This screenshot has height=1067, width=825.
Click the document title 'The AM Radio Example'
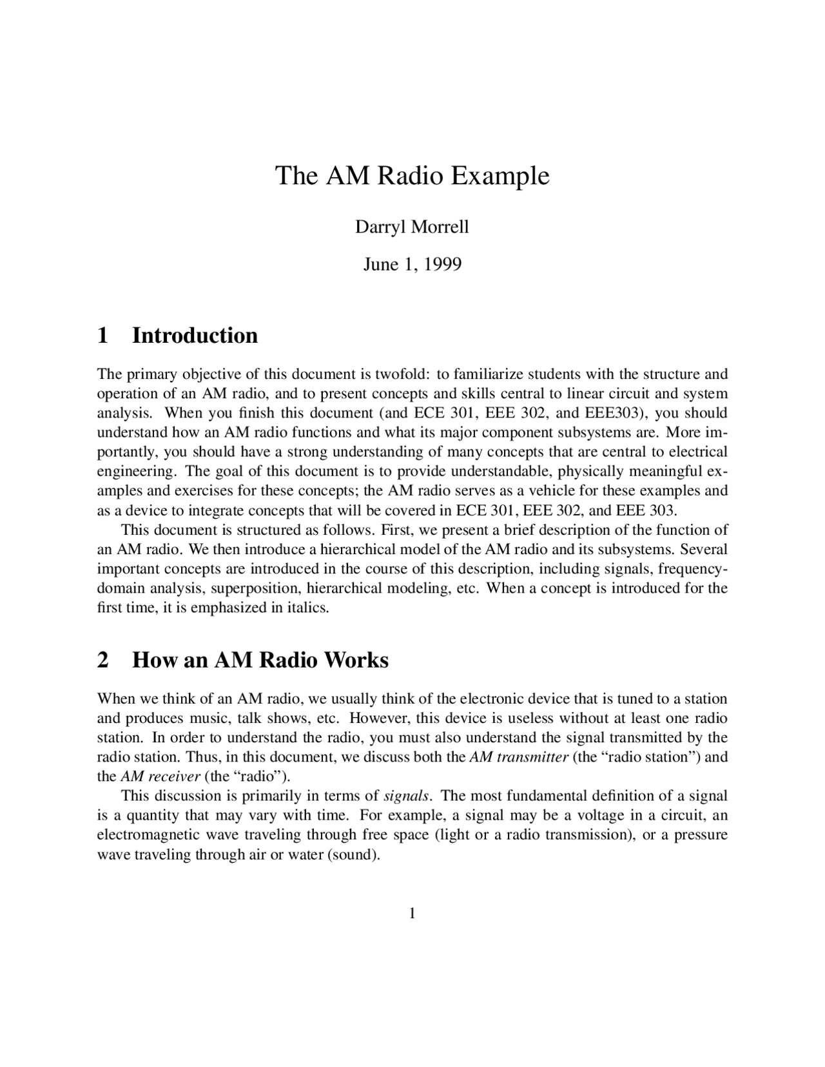click(x=412, y=175)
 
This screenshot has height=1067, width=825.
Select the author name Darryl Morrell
click(x=412, y=227)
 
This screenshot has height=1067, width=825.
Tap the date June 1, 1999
click(x=412, y=264)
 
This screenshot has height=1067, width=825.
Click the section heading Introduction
click(x=195, y=336)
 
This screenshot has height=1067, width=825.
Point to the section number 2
click(x=102, y=660)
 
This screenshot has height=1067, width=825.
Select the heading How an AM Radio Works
click(x=260, y=660)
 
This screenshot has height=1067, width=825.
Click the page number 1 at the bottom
click(x=412, y=913)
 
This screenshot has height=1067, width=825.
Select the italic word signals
click(x=407, y=796)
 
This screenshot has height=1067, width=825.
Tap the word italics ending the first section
click(x=308, y=608)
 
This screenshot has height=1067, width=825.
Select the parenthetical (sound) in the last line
click(x=354, y=855)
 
